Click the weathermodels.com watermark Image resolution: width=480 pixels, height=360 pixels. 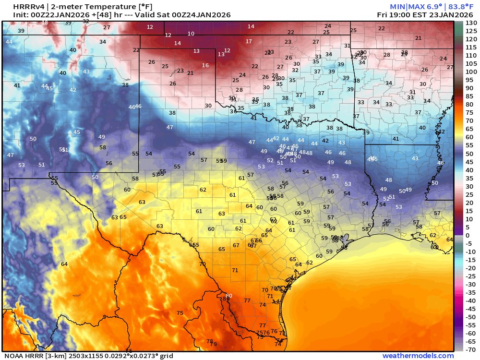tap(418, 356)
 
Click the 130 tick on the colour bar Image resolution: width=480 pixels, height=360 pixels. tap(471, 23)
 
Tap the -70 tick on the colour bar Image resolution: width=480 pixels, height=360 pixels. tap(471, 349)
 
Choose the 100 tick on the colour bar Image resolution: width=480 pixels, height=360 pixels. tap(471, 72)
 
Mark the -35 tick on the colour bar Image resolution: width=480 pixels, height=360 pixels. tap(471, 292)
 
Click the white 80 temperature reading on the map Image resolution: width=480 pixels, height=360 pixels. tap(228, 296)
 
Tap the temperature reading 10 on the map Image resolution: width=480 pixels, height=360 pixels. tap(191, 34)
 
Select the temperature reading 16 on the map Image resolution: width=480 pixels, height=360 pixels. tap(205, 65)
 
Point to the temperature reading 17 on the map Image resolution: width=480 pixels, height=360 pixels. tap(249, 41)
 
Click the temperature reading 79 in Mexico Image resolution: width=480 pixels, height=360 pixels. tap(214, 344)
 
